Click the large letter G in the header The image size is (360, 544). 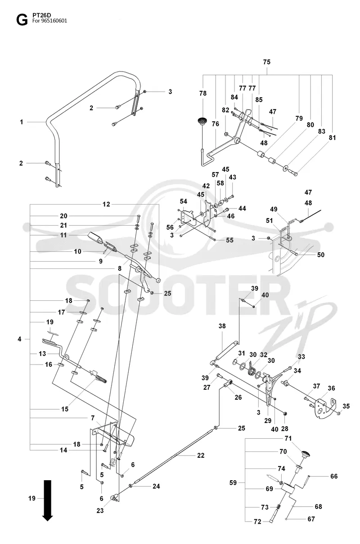[22, 20]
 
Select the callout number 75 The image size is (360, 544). [267, 62]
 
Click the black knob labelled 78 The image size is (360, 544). [202, 120]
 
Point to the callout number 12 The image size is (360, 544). [106, 204]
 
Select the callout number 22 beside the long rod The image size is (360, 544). [201, 455]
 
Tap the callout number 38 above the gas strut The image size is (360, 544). [222, 326]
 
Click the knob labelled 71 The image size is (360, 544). [306, 454]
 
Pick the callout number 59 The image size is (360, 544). [233, 482]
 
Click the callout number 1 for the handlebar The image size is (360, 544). [22, 122]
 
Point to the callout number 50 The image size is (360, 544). [321, 255]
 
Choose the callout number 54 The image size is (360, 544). [184, 201]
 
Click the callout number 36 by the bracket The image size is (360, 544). [331, 388]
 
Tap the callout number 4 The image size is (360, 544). [19, 339]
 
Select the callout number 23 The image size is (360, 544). [100, 511]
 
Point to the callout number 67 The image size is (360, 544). [311, 519]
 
